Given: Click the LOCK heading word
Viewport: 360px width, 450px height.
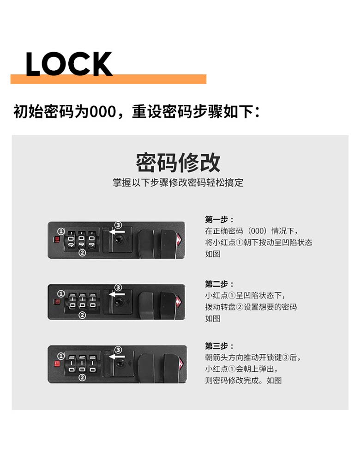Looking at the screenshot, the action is tap(69, 64).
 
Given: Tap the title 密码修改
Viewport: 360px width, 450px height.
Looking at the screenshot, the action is tap(178, 163).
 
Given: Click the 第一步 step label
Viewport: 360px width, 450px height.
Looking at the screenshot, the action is tap(219, 219).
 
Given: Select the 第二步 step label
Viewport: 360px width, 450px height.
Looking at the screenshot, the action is tap(219, 284).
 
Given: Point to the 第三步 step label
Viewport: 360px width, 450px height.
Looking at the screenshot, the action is tap(219, 346).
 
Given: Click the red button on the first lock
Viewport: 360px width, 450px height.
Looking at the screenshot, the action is tap(57, 239).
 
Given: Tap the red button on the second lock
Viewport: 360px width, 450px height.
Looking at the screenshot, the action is tap(57, 302).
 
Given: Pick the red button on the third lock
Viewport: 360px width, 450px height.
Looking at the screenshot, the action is tap(57, 364).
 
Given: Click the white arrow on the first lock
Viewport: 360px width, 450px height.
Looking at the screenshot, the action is tap(117, 231).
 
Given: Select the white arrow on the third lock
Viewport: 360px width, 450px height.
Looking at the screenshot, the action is tap(117, 356).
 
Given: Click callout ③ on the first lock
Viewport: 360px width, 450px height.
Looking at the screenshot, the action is tap(118, 225).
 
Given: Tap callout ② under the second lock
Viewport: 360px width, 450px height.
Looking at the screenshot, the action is tap(82, 315).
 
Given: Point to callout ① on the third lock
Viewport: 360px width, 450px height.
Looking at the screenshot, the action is tap(61, 356).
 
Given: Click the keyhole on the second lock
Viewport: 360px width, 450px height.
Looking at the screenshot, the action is tap(118, 302).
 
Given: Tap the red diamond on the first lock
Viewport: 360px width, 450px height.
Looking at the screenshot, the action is tap(180, 240).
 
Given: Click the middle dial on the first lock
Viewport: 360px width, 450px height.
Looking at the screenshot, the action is tap(81, 240).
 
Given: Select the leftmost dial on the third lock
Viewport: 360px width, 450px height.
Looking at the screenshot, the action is tap(72, 365).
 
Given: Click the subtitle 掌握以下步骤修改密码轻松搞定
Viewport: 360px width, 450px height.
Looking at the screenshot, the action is tap(178, 182).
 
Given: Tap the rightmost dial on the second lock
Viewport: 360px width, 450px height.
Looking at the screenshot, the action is tap(92, 301).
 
